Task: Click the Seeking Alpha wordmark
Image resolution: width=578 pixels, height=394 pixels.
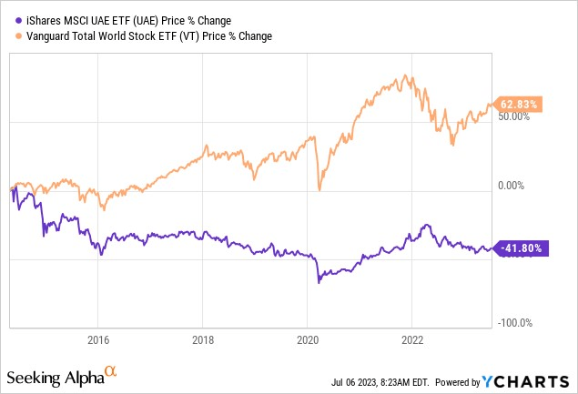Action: pos(54,377)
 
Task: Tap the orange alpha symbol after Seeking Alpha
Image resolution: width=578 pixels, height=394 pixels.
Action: pos(110,371)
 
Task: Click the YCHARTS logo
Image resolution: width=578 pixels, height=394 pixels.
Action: pos(533,378)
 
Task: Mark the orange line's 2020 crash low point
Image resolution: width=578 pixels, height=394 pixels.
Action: pos(319,189)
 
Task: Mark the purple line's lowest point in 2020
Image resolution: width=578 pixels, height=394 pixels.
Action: pos(319,283)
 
